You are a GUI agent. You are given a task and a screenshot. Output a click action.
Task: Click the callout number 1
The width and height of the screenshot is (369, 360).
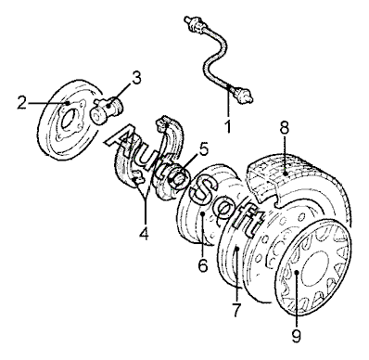click(228, 127)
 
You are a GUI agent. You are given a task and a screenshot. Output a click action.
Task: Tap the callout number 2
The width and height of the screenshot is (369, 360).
click(21, 103)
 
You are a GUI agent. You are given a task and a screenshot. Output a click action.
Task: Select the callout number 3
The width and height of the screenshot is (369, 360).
click(136, 78)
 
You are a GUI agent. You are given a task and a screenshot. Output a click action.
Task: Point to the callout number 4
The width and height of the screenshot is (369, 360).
click(144, 233)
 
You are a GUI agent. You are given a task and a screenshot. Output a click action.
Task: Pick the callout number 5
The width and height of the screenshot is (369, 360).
click(203, 149)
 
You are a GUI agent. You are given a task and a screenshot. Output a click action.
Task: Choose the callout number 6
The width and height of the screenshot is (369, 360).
click(203, 265)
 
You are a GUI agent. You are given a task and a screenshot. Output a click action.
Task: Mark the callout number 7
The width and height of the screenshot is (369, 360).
click(235, 310)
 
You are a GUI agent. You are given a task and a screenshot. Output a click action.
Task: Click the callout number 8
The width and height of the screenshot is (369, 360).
click(285, 127)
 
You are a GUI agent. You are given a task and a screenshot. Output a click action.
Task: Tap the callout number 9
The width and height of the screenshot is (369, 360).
click(296, 336)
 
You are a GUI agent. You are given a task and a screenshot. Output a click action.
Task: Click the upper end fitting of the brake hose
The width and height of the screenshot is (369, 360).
click(193, 24)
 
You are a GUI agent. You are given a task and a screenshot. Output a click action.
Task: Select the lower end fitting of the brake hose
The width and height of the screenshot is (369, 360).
click(244, 94)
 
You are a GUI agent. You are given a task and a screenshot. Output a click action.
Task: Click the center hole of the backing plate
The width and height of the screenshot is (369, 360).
click(68, 119)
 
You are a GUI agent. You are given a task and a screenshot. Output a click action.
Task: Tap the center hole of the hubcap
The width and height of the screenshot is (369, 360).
click(314, 268)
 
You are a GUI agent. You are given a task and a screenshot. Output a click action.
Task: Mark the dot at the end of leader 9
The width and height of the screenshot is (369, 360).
click(296, 273)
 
